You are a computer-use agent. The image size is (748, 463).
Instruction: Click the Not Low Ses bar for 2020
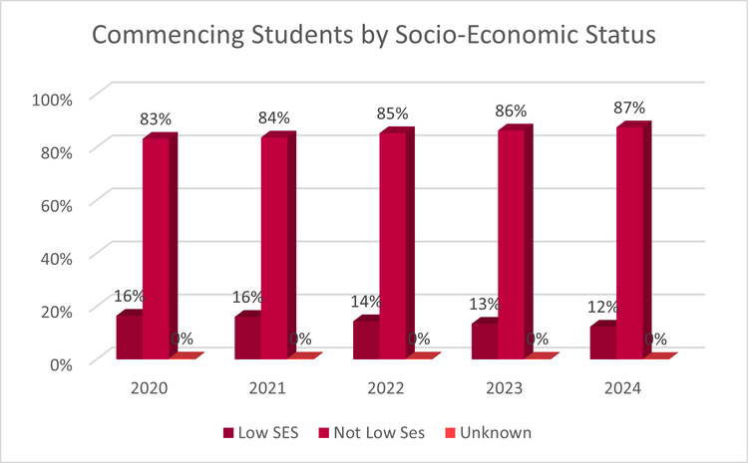(156, 249)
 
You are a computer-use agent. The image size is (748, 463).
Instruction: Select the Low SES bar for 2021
(247, 339)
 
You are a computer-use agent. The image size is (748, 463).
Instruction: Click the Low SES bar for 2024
(602, 344)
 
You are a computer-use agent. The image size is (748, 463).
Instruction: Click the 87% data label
(631, 108)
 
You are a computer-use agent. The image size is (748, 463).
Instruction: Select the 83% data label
(156, 118)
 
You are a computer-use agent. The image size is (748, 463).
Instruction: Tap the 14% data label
(367, 302)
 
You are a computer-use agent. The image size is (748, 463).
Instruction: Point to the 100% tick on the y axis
(52, 99)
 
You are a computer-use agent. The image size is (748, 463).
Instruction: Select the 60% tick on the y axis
(55, 204)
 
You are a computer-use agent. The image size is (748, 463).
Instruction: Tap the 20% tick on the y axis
(55, 310)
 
